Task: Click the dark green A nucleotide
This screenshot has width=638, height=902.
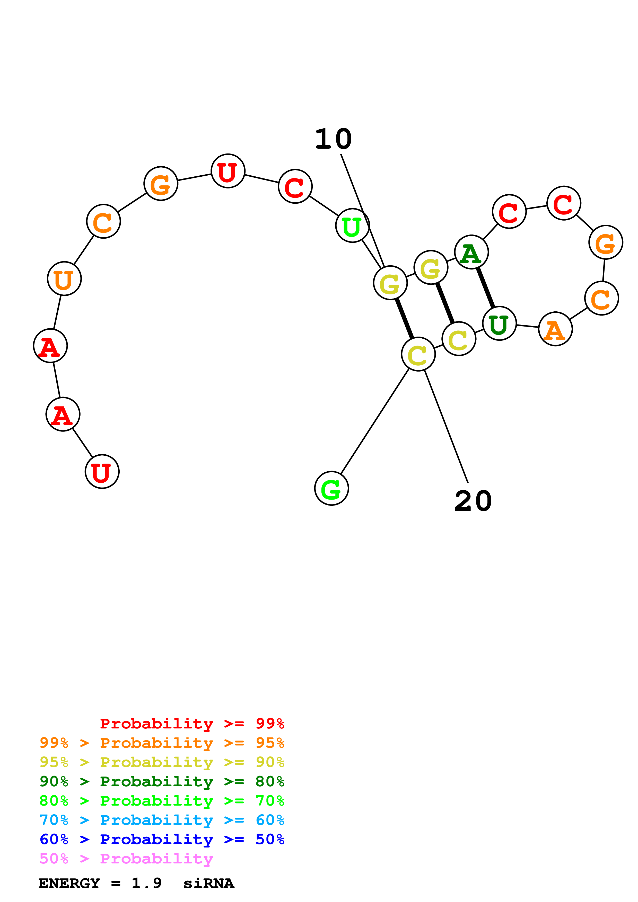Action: coord(471,252)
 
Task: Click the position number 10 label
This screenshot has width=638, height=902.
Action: coord(333,139)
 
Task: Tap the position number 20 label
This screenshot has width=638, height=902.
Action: coord(473,502)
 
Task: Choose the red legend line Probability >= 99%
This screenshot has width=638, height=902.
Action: coord(192,724)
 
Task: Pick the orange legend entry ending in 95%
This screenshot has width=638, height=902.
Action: coord(162,743)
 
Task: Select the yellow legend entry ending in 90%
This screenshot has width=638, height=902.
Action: coord(162,762)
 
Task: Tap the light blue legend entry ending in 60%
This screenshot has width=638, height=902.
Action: coord(162,820)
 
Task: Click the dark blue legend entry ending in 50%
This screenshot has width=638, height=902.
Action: coord(162,839)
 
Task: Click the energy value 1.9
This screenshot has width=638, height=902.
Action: coord(146,883)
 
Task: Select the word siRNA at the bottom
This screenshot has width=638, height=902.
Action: coord(208,883)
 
